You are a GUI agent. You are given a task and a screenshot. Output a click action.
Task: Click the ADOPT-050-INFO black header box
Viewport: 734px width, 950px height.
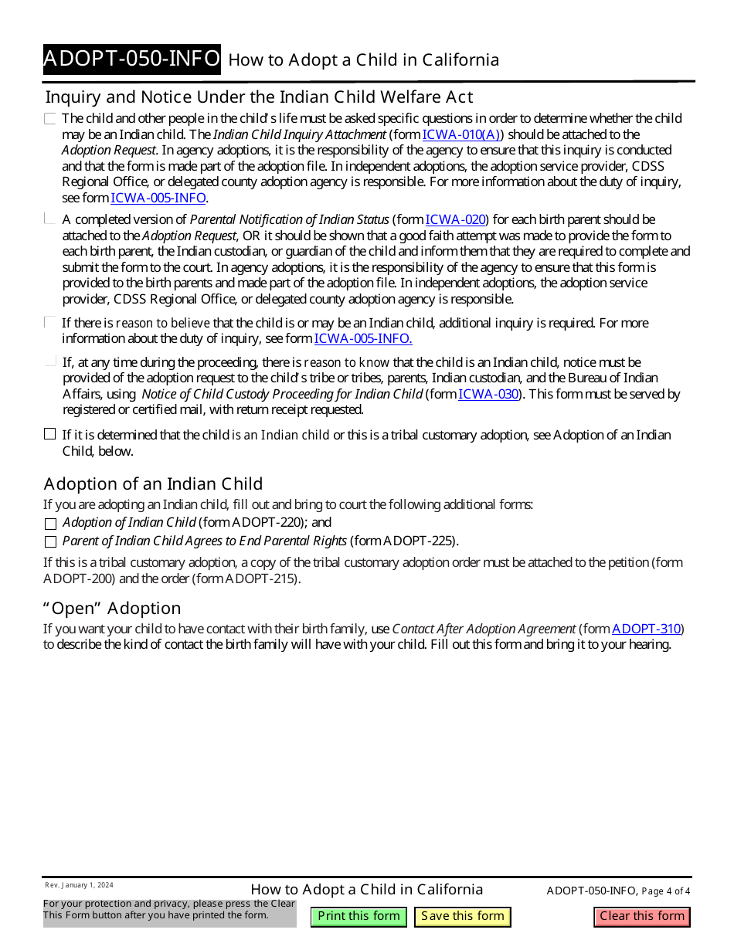pyautogui.click(x=131, y=59)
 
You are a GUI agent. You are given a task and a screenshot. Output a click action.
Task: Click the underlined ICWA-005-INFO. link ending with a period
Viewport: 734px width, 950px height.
pyautogui.click(x=363, y=338)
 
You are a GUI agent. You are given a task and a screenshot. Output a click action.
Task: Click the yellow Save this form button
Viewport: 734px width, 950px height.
pyautogui.click(x=463, y=916)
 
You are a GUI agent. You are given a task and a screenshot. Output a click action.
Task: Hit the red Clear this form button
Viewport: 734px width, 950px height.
pyautogui.click(x=642, y=916)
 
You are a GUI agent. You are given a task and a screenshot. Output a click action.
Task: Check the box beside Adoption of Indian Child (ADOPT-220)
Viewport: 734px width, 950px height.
pyautogui.click(x=50, y=523)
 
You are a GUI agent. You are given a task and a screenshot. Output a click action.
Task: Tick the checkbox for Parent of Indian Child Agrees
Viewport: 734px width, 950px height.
pyautogui.click(x=50, y=541)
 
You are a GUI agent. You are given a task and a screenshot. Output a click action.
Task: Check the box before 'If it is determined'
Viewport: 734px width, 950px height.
pyautogui.click(x=50, y=434)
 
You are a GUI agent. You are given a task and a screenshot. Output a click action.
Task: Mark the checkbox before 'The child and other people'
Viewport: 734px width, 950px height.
pyautogui.click(x=50, y=119)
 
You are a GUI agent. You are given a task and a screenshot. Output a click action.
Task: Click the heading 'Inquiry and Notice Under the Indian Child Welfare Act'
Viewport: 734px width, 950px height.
pyautogui.click(x=259, y=97)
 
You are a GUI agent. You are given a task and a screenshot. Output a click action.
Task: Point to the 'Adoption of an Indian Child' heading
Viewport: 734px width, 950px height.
pyautogui.click(x=153, y=483)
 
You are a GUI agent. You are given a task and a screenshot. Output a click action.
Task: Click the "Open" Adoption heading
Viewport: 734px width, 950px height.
pyautogui.click(x=112, y=608)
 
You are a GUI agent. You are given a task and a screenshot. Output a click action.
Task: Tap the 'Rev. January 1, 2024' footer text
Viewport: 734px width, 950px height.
pyautogui.click(x=79, y=885)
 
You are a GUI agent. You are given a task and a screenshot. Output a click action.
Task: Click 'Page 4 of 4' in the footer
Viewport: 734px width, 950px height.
pyautogui.click(x=666, y=891)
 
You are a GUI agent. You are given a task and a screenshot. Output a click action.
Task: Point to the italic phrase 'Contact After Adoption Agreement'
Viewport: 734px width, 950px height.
pyautogui.click(x=484, y=629)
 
